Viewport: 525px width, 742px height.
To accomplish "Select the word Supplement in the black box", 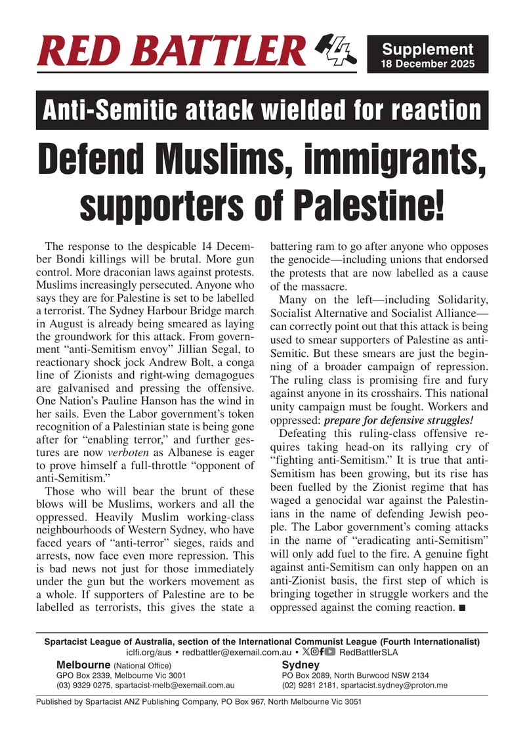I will click(x=427, y=49).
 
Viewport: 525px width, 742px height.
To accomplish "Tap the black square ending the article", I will click(x=463, y=608).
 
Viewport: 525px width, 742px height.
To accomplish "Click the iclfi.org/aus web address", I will click(x=150, y=652).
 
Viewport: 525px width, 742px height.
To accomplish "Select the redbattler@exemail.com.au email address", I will click(x=237, y=652).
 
